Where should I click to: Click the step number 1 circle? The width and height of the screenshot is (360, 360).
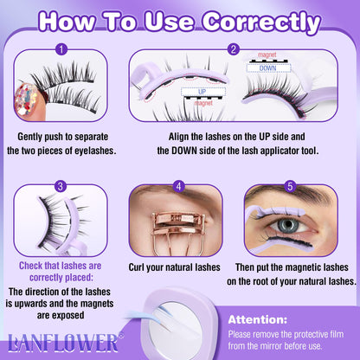coord(60,49)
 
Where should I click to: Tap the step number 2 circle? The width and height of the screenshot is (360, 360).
coord(234,49)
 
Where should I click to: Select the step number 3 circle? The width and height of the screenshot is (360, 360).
coord(60,185)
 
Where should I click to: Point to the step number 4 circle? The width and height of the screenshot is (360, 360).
coord(179,185)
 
